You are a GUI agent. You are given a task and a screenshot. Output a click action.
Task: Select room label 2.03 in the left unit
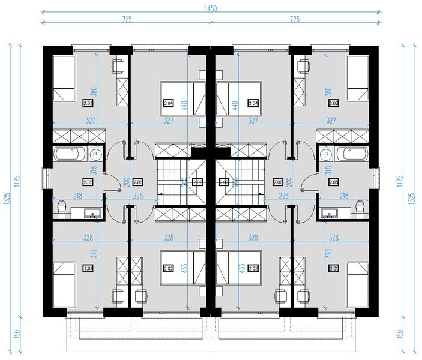coord(88,103)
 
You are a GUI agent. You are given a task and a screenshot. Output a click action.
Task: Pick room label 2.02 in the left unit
coord(168,269)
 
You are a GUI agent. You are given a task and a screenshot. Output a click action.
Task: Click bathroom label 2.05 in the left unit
coord(88,182)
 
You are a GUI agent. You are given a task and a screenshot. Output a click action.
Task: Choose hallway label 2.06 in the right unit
coord(278,182)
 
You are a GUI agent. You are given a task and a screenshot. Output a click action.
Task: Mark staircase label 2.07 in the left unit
coord(196,182)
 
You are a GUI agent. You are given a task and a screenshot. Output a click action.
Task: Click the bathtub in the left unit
coord(71,154)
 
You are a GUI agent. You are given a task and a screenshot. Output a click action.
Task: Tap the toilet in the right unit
coord(360,208)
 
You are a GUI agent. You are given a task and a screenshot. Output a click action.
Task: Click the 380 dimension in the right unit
coord(327,93)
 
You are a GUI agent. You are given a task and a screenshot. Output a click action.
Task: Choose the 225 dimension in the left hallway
coord(138,195)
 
